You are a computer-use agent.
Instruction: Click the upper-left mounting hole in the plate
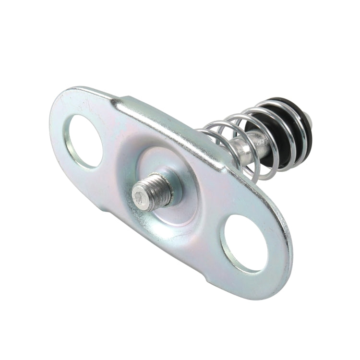click(x=85, y=141)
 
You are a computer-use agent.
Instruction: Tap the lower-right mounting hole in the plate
click(x=244, y=242)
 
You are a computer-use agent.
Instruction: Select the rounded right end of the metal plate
click(x=283, y=259)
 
